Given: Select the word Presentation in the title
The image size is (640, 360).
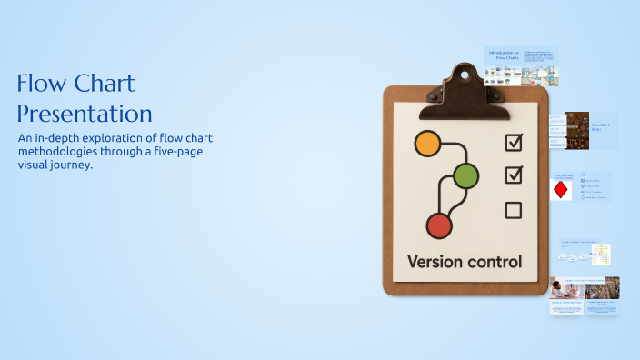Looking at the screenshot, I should coord(84,115).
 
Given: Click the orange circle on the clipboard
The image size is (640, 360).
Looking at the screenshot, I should coord(426,143).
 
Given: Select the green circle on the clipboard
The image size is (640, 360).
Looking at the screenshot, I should coord(465,176).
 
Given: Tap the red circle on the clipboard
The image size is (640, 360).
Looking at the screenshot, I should coord(439,225).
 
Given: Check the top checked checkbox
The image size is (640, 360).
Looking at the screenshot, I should coord(514,142).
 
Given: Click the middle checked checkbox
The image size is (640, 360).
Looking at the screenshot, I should coord(514,174).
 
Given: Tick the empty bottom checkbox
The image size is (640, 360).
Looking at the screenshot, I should coord(513,211).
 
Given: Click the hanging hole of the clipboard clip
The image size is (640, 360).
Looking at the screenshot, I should coord(465,70).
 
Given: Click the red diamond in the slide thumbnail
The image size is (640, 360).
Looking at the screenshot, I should coord(561,190).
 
